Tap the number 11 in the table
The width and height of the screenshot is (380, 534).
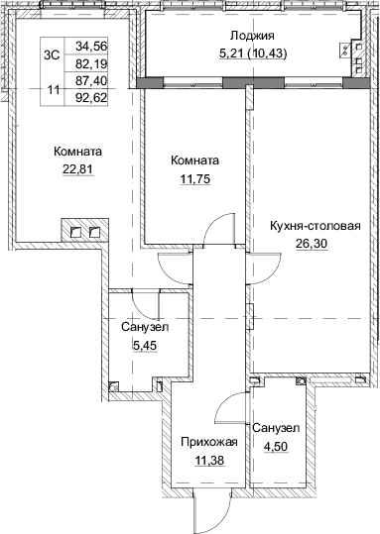point(53,90)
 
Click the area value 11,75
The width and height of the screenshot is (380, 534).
point(194,177)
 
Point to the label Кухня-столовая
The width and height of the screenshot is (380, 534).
point(315,225)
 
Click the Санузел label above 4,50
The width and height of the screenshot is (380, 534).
point(275,427)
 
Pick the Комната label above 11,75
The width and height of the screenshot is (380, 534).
point(194,160)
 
